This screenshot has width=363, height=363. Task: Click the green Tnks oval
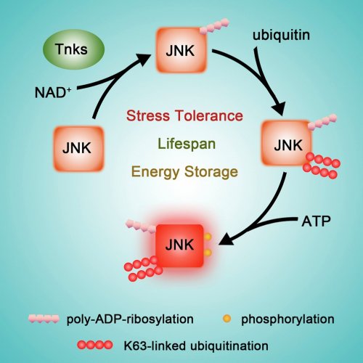click(73, 49)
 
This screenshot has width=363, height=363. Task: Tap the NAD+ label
click(53, 92)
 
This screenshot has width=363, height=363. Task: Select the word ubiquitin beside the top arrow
click(281, 35)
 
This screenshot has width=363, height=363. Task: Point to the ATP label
click(316, 221)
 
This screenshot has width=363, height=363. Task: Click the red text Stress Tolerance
click(184, 115)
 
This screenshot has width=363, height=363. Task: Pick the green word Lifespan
click(187, 144)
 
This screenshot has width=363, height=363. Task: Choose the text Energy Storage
click(184, 172)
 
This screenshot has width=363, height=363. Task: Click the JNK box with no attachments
click(78, 149)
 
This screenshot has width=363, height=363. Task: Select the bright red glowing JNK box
click(180, 245)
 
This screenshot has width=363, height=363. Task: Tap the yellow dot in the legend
click(227, 319)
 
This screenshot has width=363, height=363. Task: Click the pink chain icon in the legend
click(44, 319)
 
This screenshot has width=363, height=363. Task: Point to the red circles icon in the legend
click(95, 345)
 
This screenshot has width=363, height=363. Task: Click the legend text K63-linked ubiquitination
click(196, 346)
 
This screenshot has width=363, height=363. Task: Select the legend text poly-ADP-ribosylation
click(130, 319)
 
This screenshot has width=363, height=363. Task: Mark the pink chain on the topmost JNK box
click(215, 26)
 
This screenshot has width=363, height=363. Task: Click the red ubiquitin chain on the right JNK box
click(322, 166)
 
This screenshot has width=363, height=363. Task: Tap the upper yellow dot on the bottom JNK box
click(208, 237)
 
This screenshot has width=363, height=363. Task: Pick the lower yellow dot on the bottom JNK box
click(208, 253)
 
